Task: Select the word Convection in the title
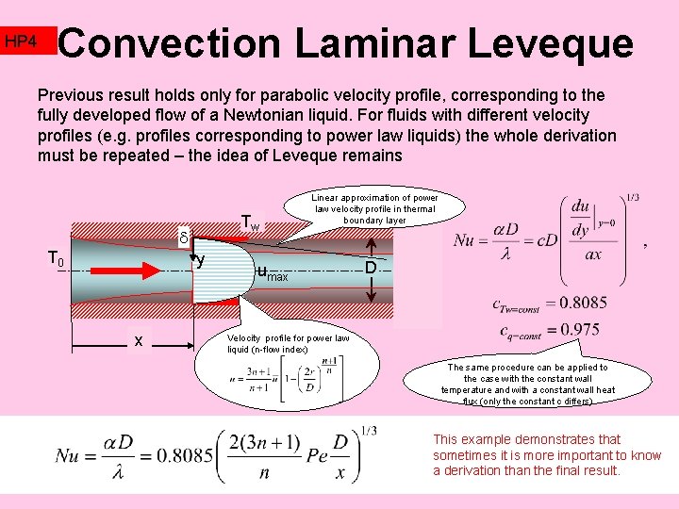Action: [170, 43]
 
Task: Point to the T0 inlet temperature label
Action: [57, 260]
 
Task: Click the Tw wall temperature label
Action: [250, 223]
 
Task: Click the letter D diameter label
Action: [371, 269]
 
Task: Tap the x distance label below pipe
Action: [139, 340]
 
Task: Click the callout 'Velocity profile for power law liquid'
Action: [288, 344]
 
